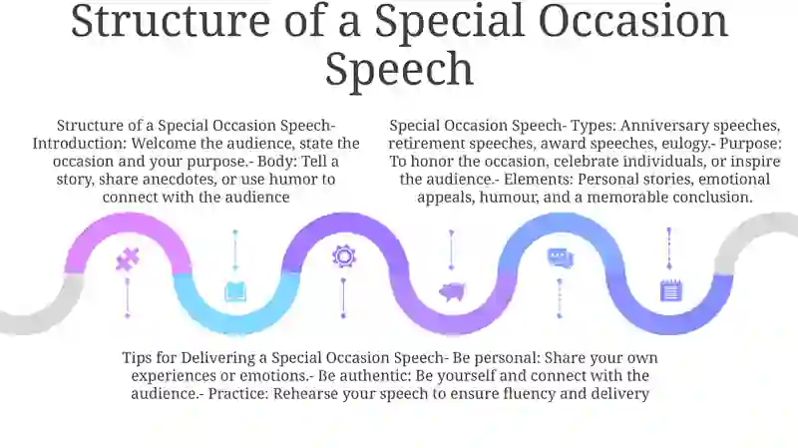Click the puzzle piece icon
pos(128,259)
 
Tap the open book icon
pos(235,291)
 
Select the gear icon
pos(343,256)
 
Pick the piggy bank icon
pos(452,291)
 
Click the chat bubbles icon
pos(560,257)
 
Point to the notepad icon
pos(670,290)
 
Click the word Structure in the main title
pos(171,21)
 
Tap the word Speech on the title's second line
pos(400,69)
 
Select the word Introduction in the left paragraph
pos(79,144)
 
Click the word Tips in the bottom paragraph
pos(138,358)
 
